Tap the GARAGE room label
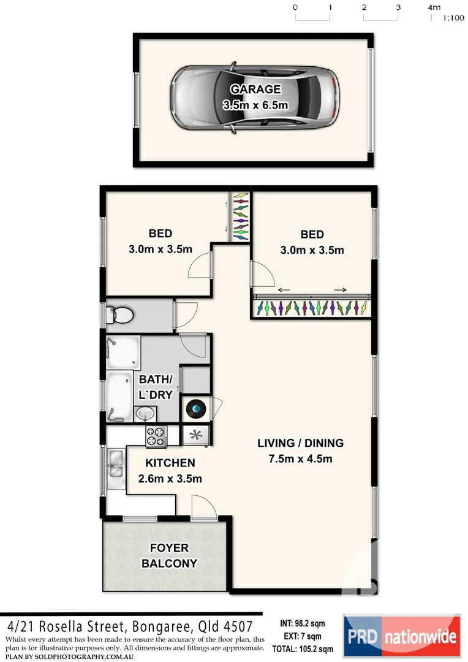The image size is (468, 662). pos(255,89)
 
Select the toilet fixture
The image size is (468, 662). pos(121,315)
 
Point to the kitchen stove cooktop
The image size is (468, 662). pos(156,436)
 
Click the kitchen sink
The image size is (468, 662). pos(114,468)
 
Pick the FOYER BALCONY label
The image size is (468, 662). pos(170,555)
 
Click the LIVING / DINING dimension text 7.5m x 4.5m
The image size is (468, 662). pos(300,458)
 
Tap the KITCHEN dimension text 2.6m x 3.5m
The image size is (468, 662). pos(170,479)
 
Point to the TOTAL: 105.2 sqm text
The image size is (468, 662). pos(303,649)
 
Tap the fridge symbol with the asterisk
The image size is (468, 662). pos(196,436)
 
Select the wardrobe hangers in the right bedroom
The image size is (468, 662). pos(312,306)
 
